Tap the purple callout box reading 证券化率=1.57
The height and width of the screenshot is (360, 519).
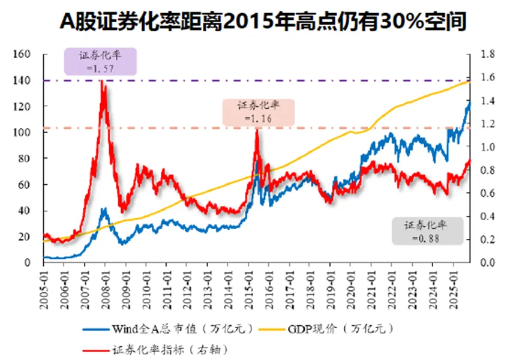pyautogui.click(x=101, y=62)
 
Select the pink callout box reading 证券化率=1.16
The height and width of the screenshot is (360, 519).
pyautogui.click(x=258, y=112)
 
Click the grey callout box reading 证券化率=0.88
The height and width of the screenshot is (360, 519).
pyautogui.click(x=428, y=231)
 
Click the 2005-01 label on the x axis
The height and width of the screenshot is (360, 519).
pyautogui.click(x=44, y=289)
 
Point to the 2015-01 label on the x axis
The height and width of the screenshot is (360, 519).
pyautogui.click(x=248, y=289)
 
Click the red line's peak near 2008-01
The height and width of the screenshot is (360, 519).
pyautogui.click(x=103, y=81)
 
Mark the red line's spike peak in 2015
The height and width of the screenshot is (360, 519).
pyautogui.click(x=257, y=129)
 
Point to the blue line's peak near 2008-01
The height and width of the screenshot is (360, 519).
pyautogui.click(x=104, y=209)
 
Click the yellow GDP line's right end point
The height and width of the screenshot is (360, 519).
pyautogui.click(x=470, y=81)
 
